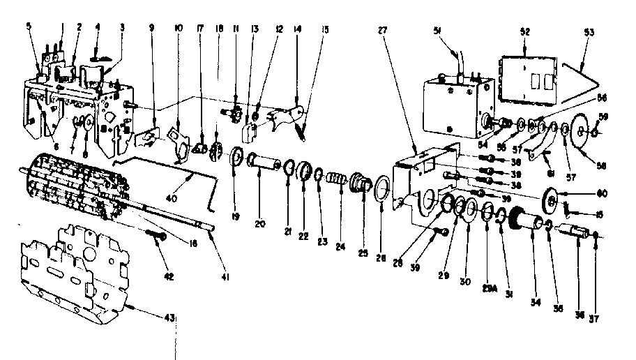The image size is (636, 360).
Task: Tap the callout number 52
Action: pyautogui.click(x=524, y=31)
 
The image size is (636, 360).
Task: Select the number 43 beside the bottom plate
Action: pyautogui.click(x=169, y=317)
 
